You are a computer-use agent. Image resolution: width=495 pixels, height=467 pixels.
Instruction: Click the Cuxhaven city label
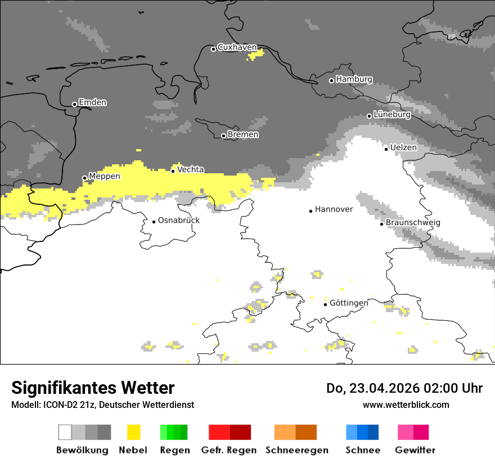tap(237, 47)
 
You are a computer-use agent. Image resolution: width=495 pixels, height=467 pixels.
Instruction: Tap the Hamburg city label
tap(354, 79)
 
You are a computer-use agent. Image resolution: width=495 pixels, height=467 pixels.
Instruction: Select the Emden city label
tap(92, 102)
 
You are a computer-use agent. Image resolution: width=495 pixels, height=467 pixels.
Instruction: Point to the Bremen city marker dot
tap(223, 136)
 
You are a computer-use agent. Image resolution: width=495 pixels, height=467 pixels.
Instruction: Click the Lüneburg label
tap(392, 115)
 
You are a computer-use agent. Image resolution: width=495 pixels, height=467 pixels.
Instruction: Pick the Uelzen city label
tap(403, 147)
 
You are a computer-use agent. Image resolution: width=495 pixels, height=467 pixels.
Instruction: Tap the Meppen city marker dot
tap(84, 178)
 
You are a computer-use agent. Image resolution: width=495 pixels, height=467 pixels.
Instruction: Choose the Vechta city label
tap(190, 169)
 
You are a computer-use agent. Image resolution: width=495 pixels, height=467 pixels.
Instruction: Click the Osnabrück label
tap(179, 221)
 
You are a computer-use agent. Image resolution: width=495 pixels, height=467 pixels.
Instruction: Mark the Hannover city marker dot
tap(310, 211)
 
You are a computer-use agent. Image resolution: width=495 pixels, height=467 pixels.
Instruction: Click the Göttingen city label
tap(349, 303)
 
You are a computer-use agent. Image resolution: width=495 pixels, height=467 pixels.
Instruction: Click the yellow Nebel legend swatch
tap(133, 432)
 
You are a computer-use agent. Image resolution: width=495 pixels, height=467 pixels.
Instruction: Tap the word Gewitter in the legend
tap(415, 450)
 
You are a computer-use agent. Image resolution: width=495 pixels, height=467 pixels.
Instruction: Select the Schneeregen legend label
tap(296, 450)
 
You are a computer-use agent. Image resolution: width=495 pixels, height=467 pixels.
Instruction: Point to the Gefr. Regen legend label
tap(229, 450)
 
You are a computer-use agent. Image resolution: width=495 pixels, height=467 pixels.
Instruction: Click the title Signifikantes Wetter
tap(93, 388)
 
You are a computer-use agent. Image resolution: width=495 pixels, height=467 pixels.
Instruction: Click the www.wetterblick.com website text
tap(406, 405)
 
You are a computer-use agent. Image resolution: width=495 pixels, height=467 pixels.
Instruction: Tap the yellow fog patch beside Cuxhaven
tap(255, 55)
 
